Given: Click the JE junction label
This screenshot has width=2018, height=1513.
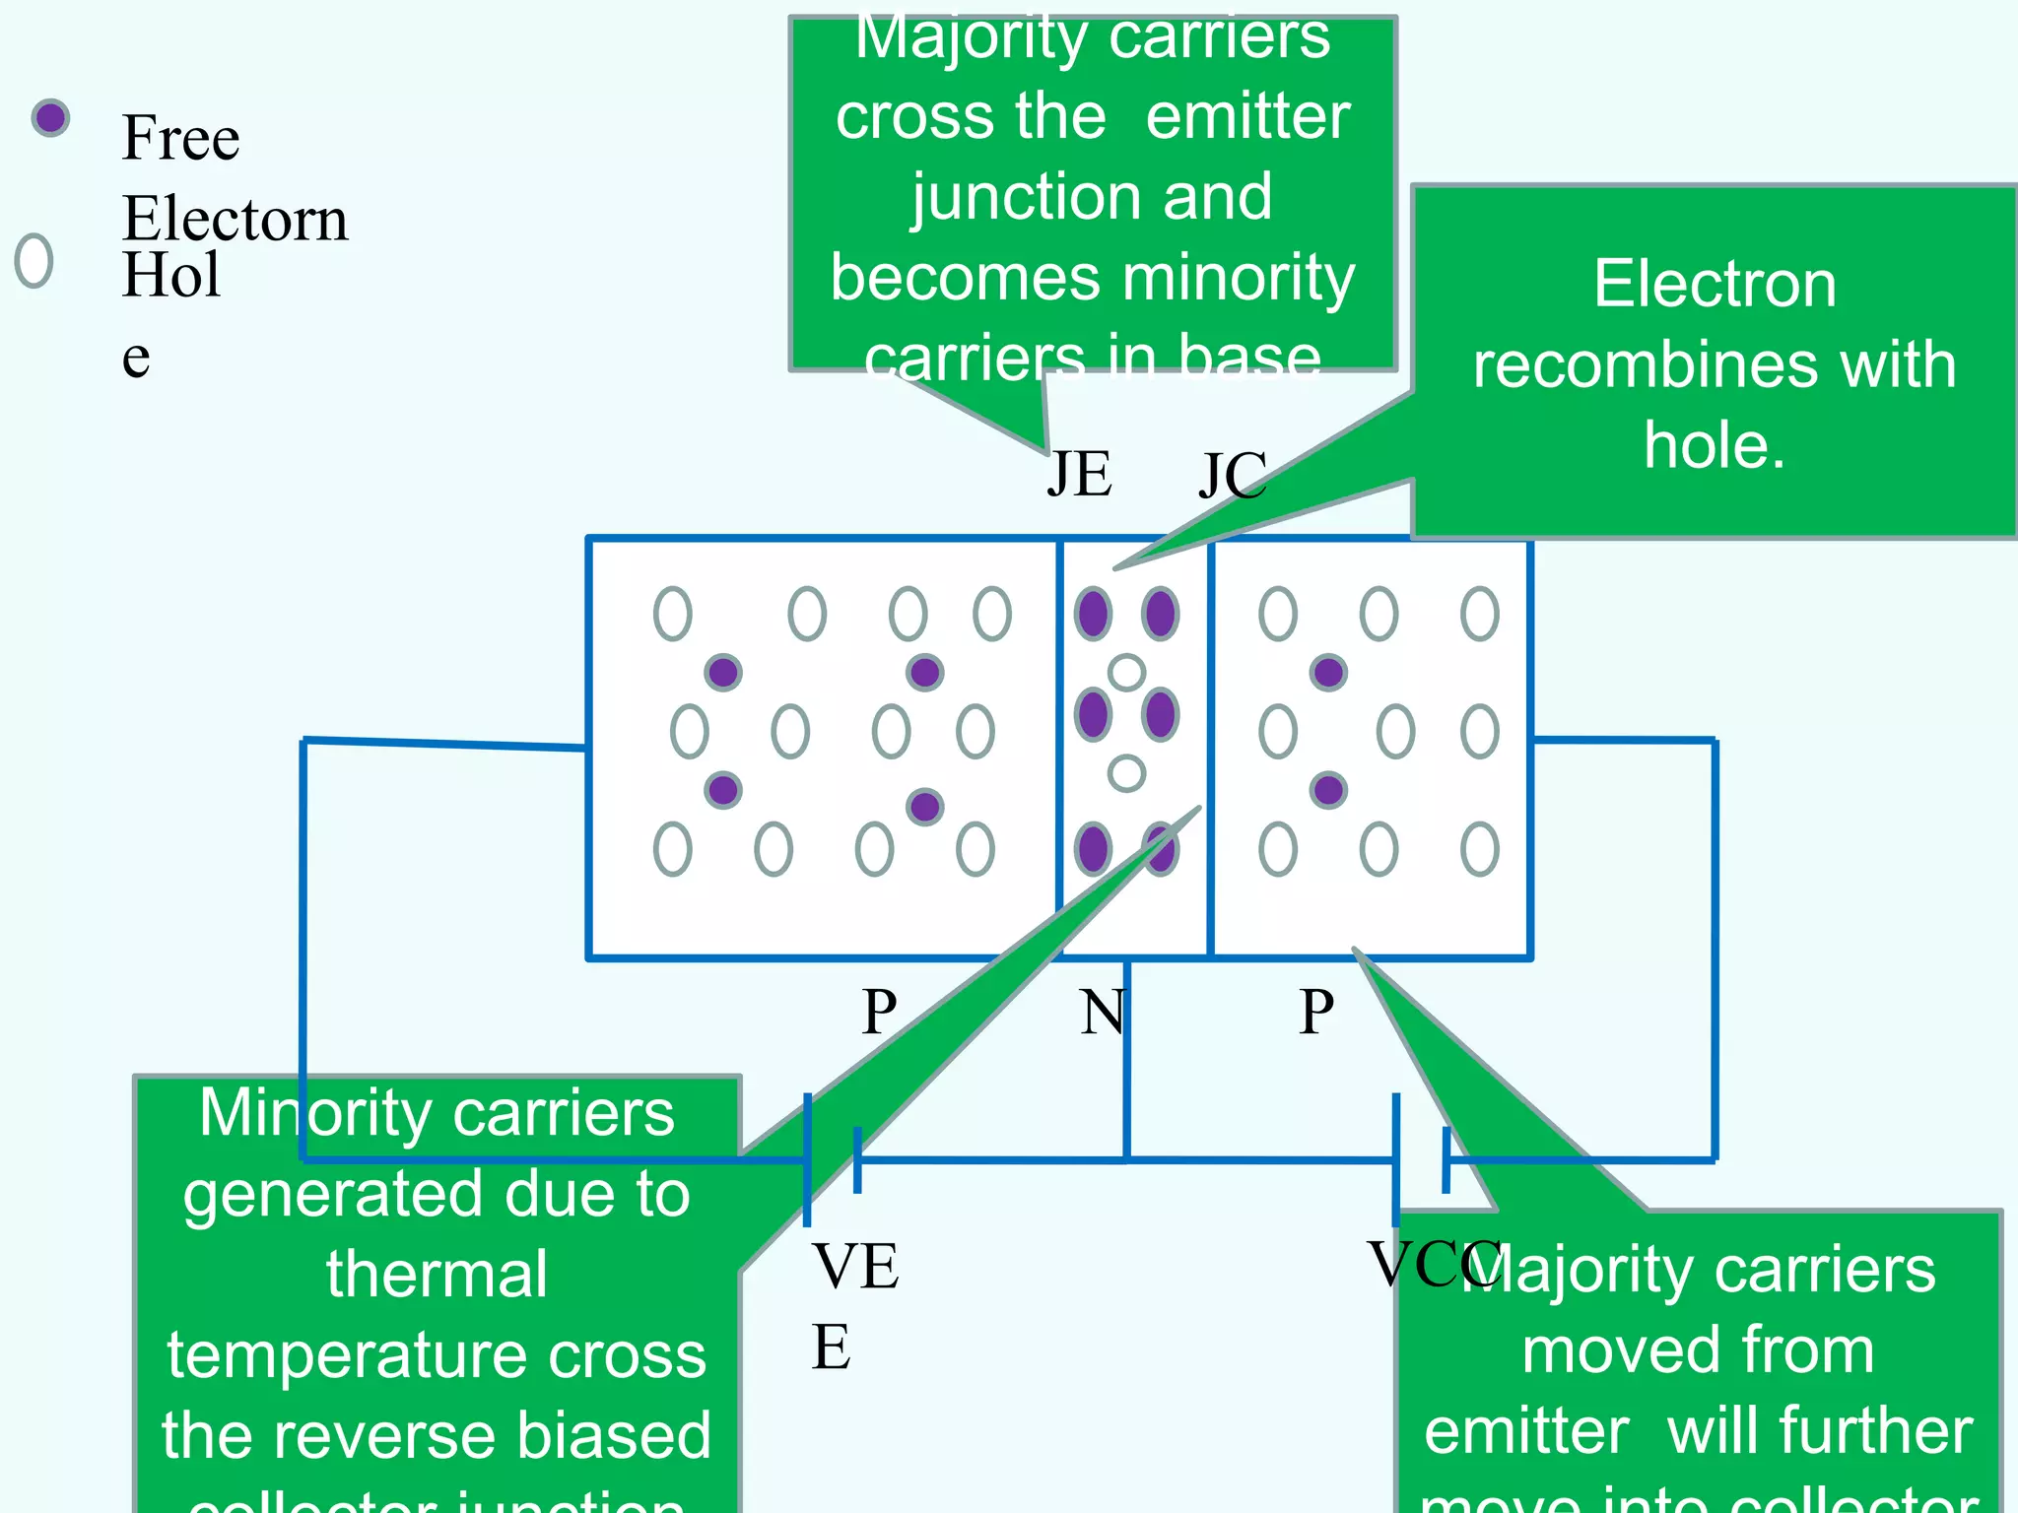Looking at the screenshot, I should pos(1079,475).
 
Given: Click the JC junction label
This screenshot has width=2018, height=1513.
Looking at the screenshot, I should pos(1231,477).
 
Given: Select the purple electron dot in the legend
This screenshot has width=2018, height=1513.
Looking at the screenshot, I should pos(50,119).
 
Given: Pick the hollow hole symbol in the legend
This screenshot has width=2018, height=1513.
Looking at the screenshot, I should pos(34,261).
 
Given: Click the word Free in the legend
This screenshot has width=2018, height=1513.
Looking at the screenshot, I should pos(180,138).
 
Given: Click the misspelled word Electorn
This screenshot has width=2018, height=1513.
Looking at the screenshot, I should pos(235,219).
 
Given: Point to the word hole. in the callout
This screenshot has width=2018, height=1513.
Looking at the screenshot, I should pos(1714,445).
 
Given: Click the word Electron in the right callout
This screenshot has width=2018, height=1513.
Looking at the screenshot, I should pos(1715,285).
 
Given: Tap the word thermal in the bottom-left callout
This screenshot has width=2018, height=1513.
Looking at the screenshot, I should pos(437,1274).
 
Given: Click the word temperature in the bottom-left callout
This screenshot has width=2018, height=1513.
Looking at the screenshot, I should pos(437,1354).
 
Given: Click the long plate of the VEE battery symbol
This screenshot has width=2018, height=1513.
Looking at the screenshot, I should pos(807,1160).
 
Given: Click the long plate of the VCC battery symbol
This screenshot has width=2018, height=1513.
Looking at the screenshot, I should pos(1395,1160).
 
